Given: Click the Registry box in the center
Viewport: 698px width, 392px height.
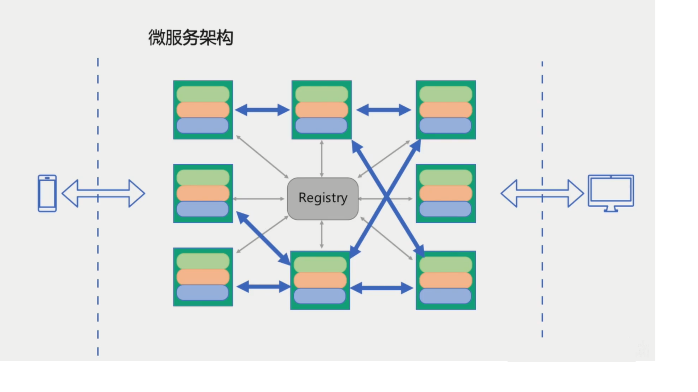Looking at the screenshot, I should (323, 199).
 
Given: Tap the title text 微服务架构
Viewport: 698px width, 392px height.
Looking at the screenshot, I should (190, 38).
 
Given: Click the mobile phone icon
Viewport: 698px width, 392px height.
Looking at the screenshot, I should (47, 193).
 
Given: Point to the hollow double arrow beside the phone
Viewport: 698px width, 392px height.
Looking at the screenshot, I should (103, 193).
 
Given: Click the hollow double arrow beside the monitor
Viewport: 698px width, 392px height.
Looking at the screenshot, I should (542, 193).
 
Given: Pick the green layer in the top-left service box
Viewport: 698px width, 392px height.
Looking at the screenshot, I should (203, 94).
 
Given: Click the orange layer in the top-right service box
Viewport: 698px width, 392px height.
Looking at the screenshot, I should (446, 110).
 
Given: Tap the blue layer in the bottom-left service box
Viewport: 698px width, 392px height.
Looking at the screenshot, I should (203, 293).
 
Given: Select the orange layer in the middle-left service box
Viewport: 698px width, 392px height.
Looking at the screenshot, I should (203, 193).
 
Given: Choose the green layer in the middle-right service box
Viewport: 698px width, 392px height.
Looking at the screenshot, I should (446, 177).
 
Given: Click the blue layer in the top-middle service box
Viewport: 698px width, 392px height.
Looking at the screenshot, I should (321, 126).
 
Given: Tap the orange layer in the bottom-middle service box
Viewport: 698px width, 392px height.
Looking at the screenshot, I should (320, 280).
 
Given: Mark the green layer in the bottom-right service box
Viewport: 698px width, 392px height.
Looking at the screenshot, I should (446, 265).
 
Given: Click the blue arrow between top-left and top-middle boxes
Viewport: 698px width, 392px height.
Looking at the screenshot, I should (262, 110).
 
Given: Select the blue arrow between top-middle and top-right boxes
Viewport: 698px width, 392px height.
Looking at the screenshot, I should (384, 110).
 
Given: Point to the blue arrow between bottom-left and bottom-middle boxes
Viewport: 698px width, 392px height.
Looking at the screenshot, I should (263, 287).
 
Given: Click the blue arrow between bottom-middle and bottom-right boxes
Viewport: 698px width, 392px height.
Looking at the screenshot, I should (382, 288).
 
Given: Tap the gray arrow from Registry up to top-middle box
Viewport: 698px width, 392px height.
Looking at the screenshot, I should (322, 159).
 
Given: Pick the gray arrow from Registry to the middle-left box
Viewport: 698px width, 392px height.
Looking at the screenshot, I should (259, 199).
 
